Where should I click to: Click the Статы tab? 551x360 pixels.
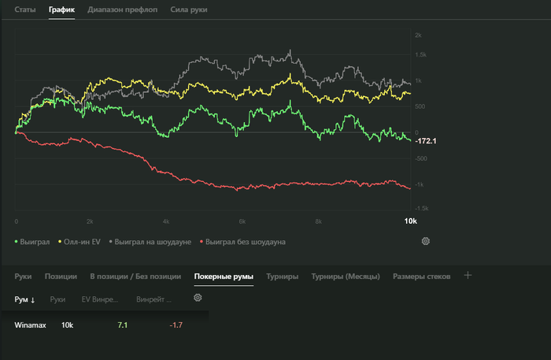pyautogui.click(x=25, y=11)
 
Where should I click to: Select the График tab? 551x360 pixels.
pyautogui.click(x=61, y=11)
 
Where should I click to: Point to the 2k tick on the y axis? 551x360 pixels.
pyautogui.click(x=419, y=35)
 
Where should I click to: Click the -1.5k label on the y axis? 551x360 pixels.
pyautogui.click(x=421, y=210)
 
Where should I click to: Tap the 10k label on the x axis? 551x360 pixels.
pyautogui.click(x=409, y=221)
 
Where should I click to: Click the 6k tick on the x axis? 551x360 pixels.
pyautogui.click(x=242, y=222)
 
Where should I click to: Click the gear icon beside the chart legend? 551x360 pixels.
pyautogui.click(x=426, y=241)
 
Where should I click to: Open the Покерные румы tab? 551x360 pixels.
pyautogui.click(x=224, y=276)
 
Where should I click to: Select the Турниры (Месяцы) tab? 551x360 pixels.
pyautogui.click(x=346, y=276)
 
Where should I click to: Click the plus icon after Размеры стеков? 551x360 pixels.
pyautogui.click(x=468, y=276)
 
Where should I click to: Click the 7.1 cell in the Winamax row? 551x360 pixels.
pyautogui.click(x=122, y=325)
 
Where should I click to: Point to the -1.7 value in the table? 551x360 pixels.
pyautogui.click(x=176, y=325)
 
